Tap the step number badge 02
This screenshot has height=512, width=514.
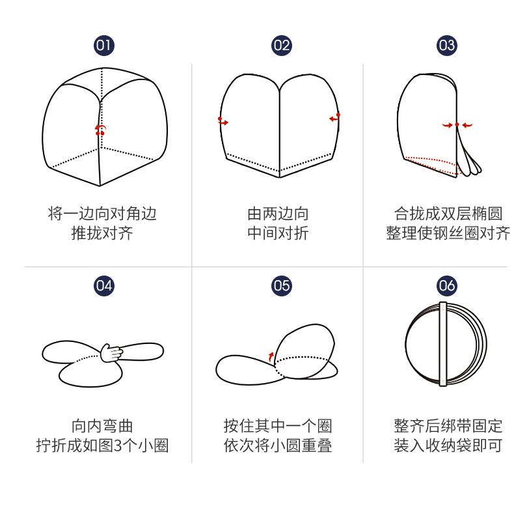click(281, 45)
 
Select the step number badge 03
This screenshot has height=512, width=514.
click(447, 45)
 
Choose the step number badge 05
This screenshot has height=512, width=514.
click(281, 285)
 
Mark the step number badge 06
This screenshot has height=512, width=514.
click(447, 285)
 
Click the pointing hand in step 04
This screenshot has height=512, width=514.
click(112, 352)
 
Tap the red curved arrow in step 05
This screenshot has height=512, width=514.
click(271, 355)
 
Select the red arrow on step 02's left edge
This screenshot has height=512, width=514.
click(223, 121)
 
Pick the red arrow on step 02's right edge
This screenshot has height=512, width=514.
click(334, 118)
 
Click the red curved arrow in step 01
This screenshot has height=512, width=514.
click(100, 130)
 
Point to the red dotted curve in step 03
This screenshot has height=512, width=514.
click(432, 163)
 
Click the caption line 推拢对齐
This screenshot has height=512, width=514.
click(102, 234)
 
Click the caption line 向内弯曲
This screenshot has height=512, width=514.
click(102, 426)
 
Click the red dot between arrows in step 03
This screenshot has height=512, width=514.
click(457, 124)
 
